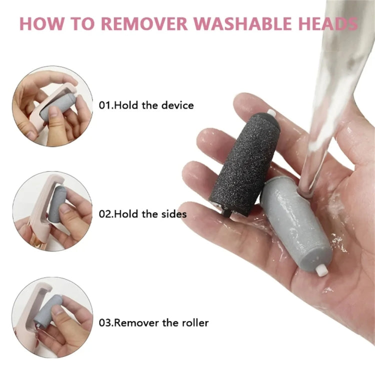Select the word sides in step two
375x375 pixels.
173,214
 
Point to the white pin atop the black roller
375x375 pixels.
271,112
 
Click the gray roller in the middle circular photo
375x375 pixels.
56,205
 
